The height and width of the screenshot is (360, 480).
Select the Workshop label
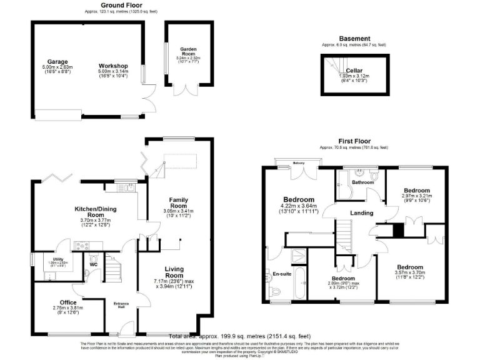coord(113,66)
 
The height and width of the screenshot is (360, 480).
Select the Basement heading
coord(354,38)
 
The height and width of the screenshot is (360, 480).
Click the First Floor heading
coord(354,141)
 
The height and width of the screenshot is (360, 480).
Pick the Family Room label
coord(179,202)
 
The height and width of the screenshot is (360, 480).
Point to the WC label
coord(94,265)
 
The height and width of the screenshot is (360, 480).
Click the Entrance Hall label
coord(121,306)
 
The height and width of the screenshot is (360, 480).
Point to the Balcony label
coord(298,164)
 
